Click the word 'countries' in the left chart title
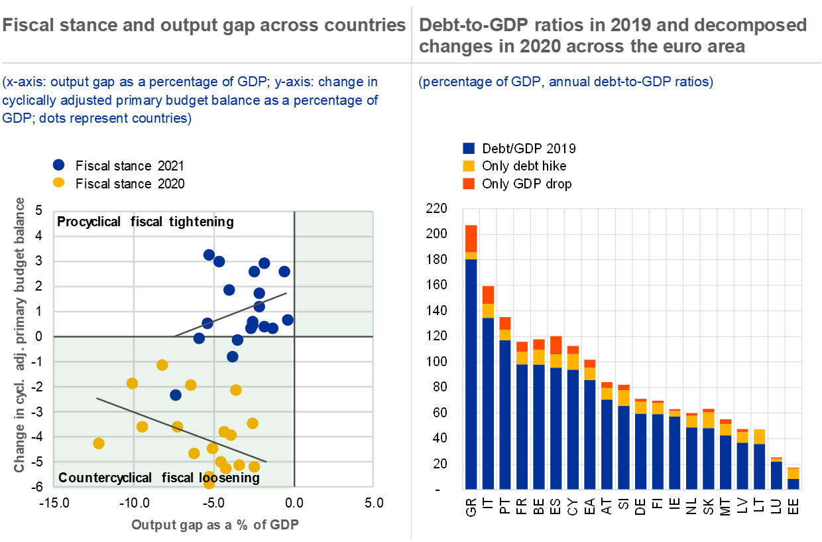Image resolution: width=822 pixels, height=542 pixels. pyautogui.click(x=368, y=26)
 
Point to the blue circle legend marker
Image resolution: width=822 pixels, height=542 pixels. pyautogui.click(x=58, y=165)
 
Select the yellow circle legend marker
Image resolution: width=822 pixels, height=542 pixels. pyautogui.click(x=58, y=182)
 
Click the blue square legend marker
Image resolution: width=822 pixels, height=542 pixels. pyautogui.click(x=469, y=149)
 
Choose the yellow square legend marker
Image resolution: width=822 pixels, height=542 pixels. pyautogui.click(x=469, y=166)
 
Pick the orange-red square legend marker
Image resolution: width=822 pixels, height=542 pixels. pyautogui.click(x=469, y=184)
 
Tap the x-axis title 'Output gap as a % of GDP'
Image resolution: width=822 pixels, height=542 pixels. pyautogui.click(x=215, y=525)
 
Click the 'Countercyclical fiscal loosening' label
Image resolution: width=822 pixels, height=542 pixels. pyautogui.click(x=159, y=478)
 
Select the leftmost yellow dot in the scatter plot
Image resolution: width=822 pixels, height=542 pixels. pyautogui.click(x=99, y=443)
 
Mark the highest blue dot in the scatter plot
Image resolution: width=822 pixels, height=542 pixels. pyautogui.click(x=209, y=254)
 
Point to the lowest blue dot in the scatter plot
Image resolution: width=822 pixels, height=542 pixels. pyautogui.click(x=176, y=395)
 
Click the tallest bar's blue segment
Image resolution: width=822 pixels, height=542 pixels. pyautogui.click(x=471, y=372)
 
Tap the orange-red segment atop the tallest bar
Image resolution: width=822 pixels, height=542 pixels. pyautogui.click(x=471, y=238)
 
